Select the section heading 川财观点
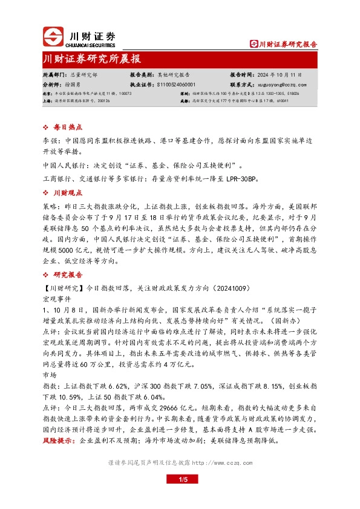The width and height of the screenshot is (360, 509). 68,193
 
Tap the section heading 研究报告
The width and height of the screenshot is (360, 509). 68,273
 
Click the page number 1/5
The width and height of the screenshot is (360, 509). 180,497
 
